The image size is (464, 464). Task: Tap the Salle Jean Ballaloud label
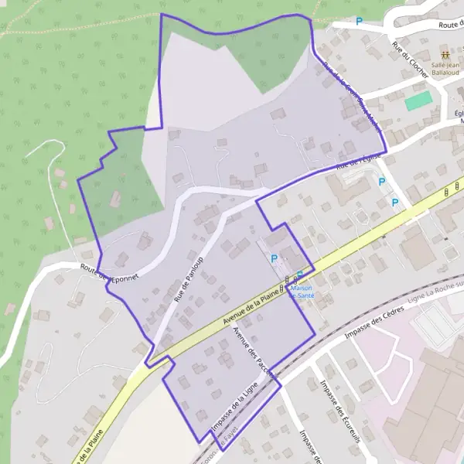[x=445, y=69]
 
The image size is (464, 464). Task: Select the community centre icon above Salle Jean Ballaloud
[x=445, y=55]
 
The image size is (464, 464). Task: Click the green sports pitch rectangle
[x=418, y=101]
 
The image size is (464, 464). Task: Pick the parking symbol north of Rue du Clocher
[x=359, y=22]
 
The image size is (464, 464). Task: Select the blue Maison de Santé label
[x=300, y=290]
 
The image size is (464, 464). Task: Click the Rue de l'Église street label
[x=360, y=161]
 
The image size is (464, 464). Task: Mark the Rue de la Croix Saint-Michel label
[x=352, y=97]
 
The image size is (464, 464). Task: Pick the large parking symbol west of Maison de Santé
[x=272, y=258]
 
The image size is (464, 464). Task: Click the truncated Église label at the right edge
[x=459, y=117]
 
